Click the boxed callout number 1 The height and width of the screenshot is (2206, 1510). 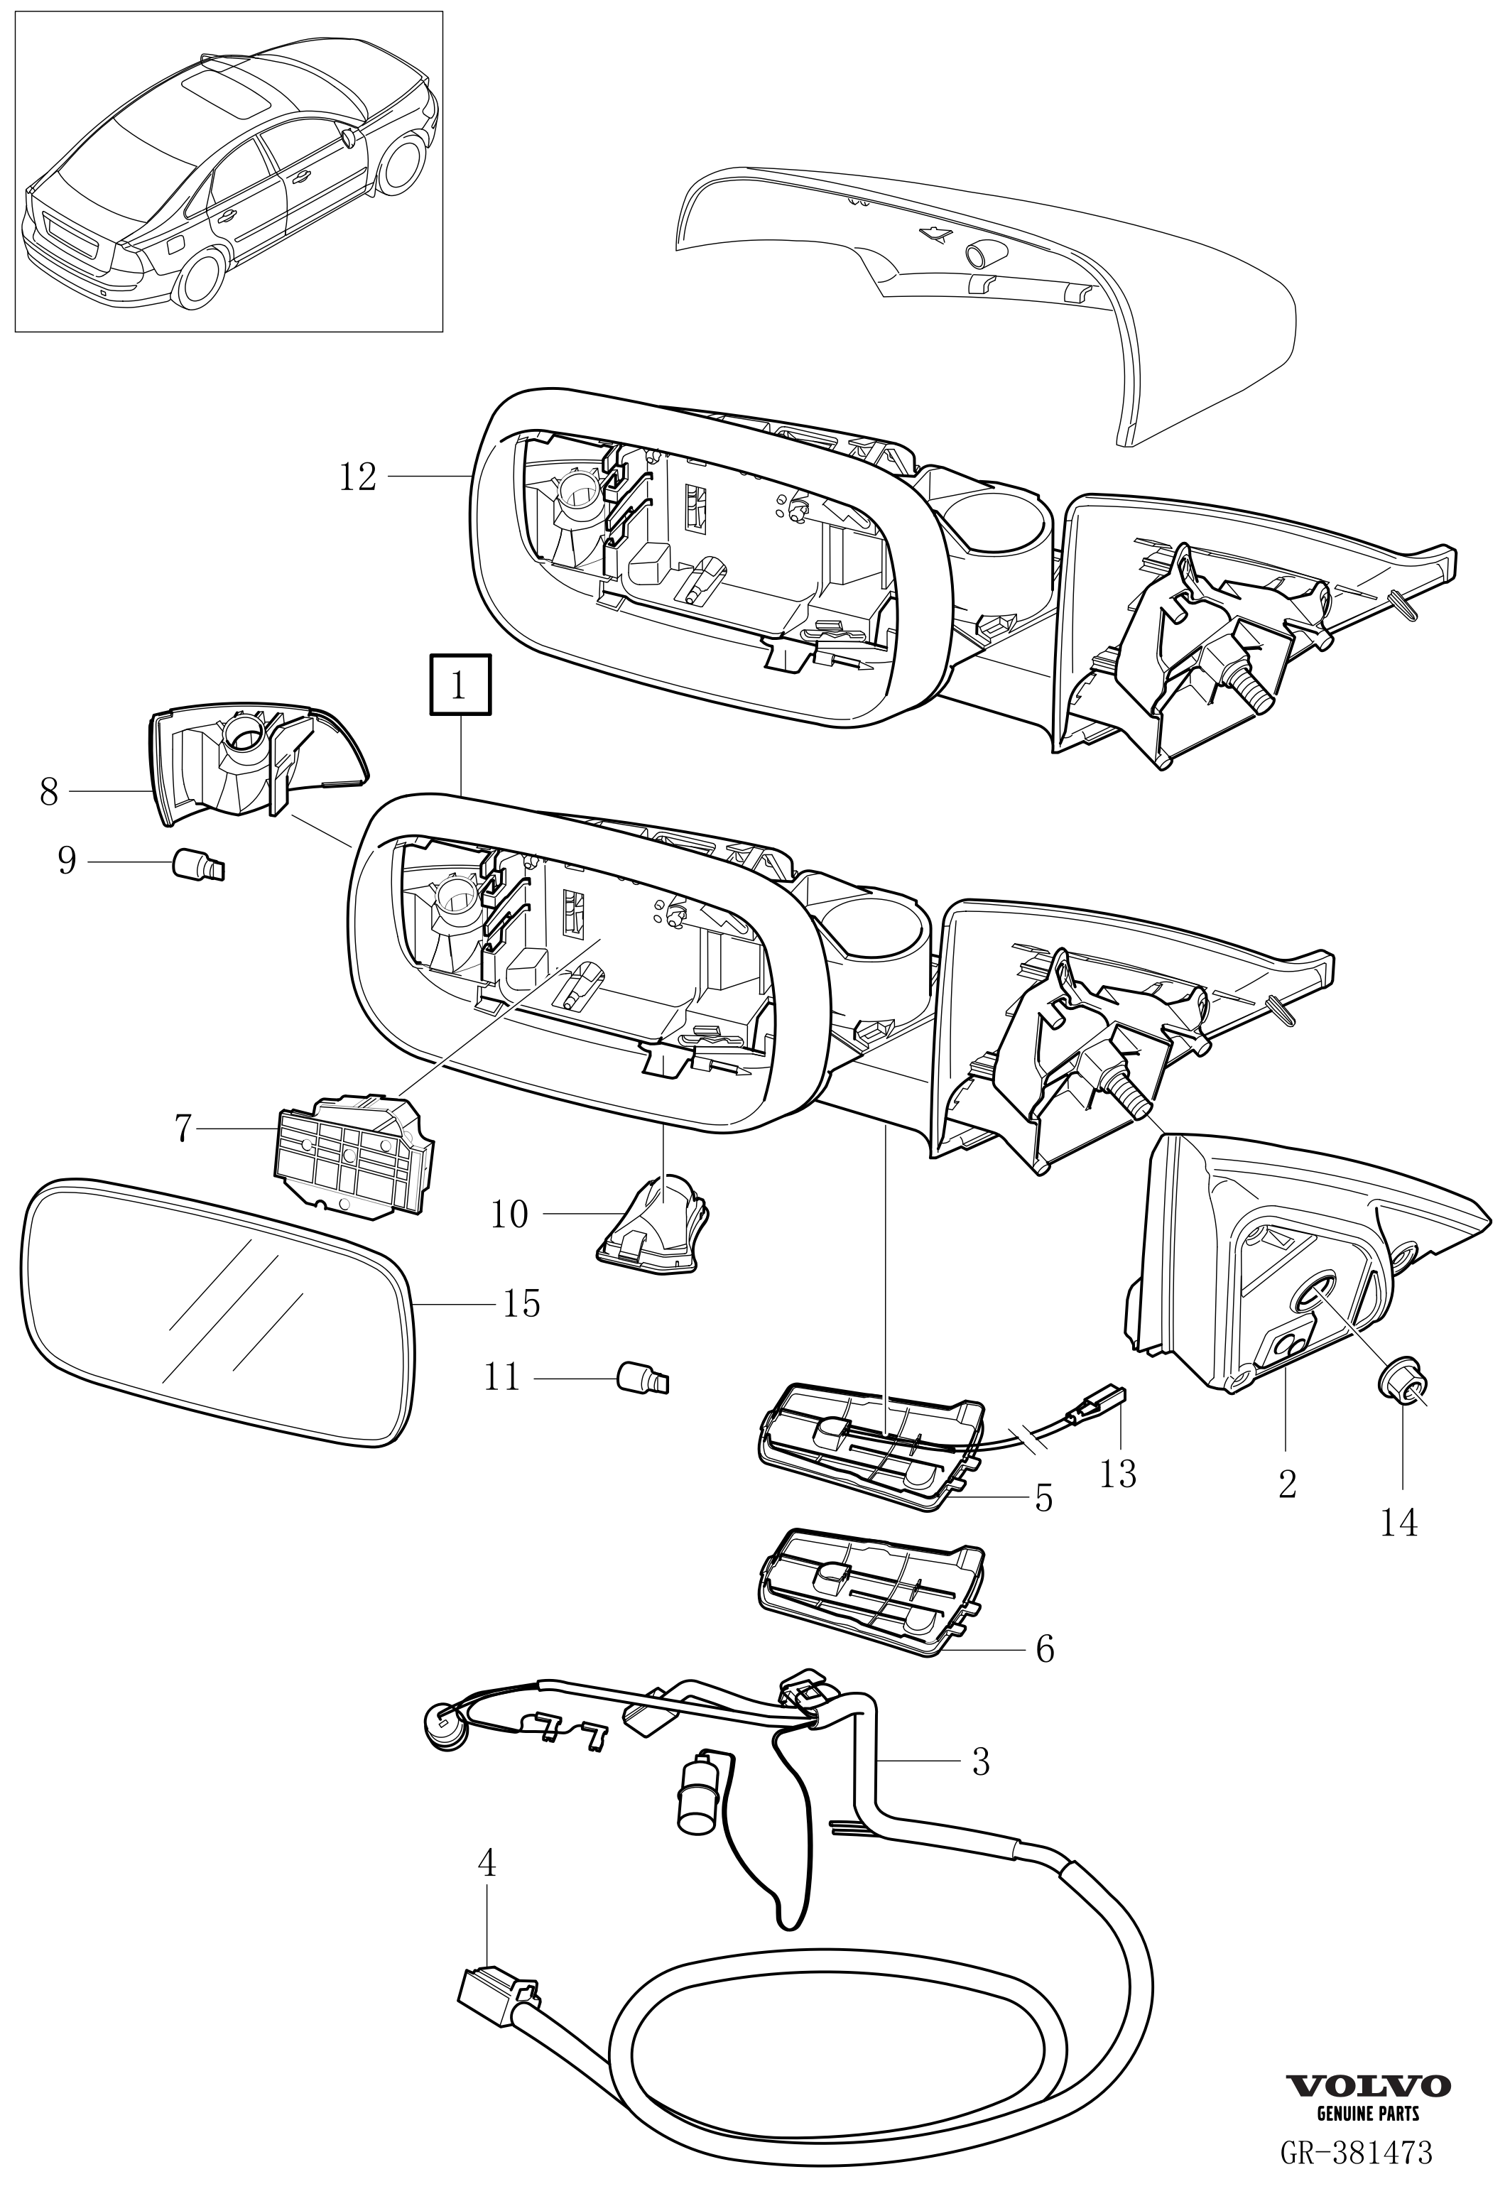(460, 685)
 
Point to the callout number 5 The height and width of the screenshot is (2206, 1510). (1044, 1499)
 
